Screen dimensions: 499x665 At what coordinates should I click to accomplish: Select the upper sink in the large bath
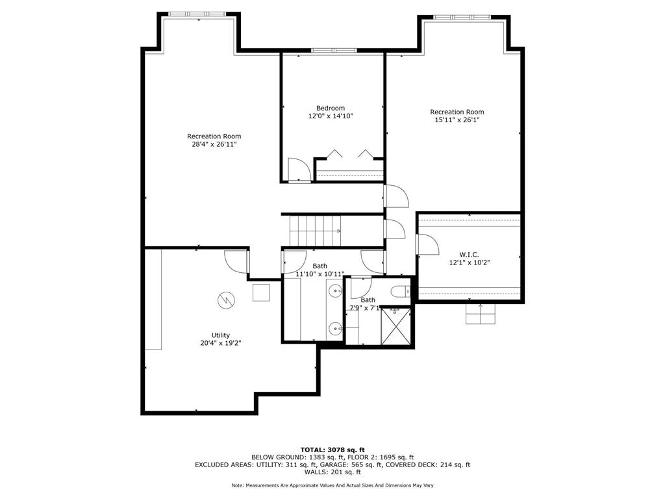(x=334, y=290)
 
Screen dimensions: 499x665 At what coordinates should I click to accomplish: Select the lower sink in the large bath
(x=334, y=328)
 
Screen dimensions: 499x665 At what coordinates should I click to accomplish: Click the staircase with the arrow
(x=315, y=231)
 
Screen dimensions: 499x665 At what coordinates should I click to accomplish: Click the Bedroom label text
(x=331, y=108)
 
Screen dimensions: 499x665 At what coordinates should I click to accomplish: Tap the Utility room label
(x=220, y=335)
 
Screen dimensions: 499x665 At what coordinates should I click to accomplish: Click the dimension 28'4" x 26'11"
(x=214, y=144)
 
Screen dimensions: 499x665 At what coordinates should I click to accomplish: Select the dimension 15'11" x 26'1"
(x=457, y=120)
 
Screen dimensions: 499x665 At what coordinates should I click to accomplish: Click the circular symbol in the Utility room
(x=226, y=300)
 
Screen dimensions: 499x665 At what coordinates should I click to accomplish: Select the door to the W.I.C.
(x=427, y=245)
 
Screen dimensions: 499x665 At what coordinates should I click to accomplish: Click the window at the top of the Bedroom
(x=334, y=50)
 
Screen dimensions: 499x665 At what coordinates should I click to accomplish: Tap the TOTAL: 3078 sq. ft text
(x=332, y=450)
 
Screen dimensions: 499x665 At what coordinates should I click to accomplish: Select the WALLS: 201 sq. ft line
(x=332, y=472)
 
